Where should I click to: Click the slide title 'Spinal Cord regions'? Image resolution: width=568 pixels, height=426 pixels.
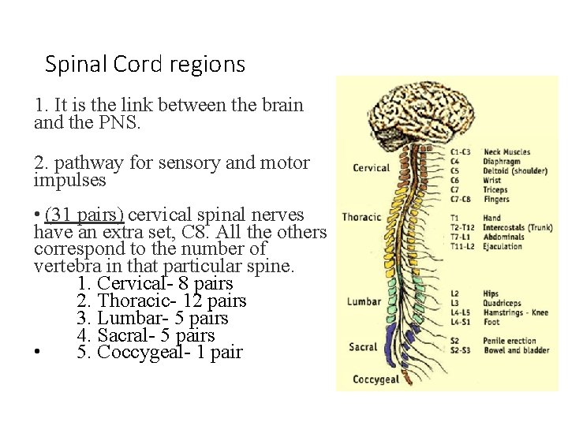pyautogui.click(x=145, y=64)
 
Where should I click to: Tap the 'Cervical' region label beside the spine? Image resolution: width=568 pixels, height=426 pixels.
pyautogui.click(x=371, y=167)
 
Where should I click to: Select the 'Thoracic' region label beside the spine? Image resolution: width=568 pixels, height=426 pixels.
pyautogui.click(x=361, y=217)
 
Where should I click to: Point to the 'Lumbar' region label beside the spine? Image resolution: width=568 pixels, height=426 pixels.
pyautogui.click(x=364, y=301)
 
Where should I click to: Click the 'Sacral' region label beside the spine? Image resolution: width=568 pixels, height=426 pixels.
pyautogui.click(x=363, y=346)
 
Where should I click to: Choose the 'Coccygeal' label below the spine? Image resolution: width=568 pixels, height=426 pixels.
pyautogui.click(x=376, y=379)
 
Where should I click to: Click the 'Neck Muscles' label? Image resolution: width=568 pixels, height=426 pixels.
pyautogui.click(x=506, y=152)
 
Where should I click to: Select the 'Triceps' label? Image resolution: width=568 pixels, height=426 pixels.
pyautogui.click(x=495, y=190)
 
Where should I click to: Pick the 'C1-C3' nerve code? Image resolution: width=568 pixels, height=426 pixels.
pyautogui.click(x=461, y=152)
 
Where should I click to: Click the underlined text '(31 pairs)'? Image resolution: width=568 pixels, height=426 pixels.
pyautogui.click(x=84, y=215)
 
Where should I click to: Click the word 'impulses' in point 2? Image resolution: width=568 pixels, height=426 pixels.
pyautogui.click(x=69, y=181)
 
